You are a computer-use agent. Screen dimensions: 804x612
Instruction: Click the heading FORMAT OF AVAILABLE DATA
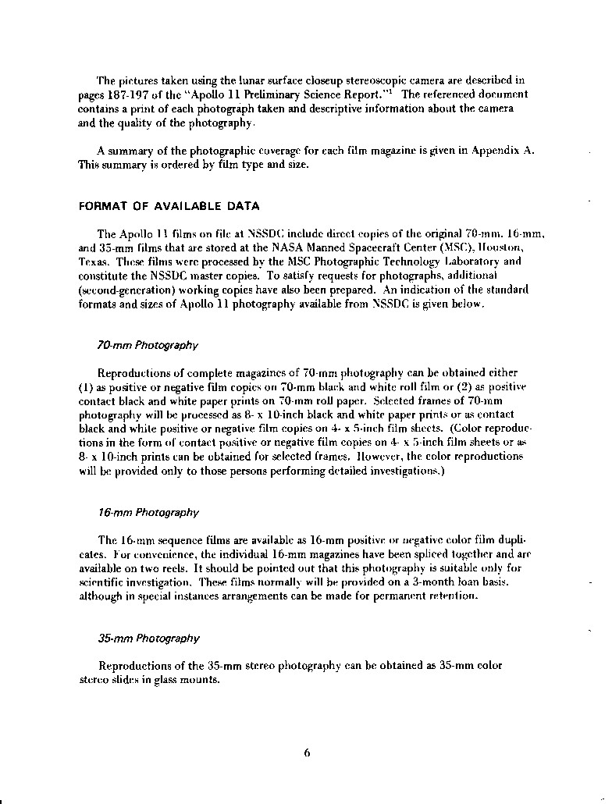click(x=169, y=206)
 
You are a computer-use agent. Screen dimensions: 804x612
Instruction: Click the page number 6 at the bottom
click(x=307, y=753)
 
